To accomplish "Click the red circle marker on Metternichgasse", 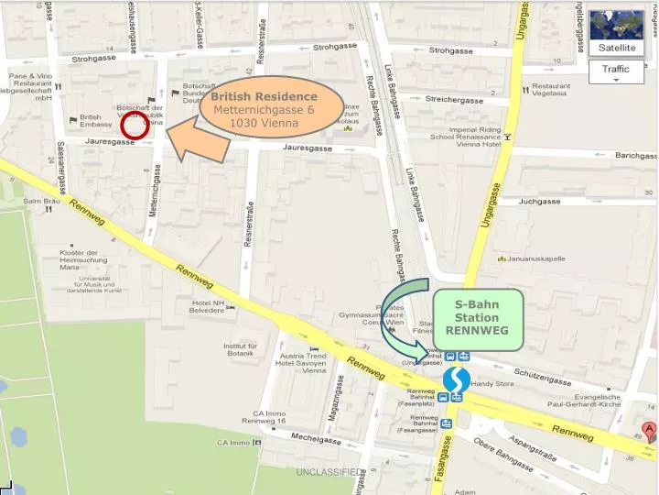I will [135, 128].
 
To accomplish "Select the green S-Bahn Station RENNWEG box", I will [477, 318].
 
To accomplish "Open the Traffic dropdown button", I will [616, 71].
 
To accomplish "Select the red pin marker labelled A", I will [649, 431].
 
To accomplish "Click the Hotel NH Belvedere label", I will [207, 306].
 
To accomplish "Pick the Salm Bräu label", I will [40, 201].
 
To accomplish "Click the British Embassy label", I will [91, 122].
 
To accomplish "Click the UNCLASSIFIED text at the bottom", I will [328, 472].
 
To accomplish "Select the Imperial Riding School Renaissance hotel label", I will [465, 137].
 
